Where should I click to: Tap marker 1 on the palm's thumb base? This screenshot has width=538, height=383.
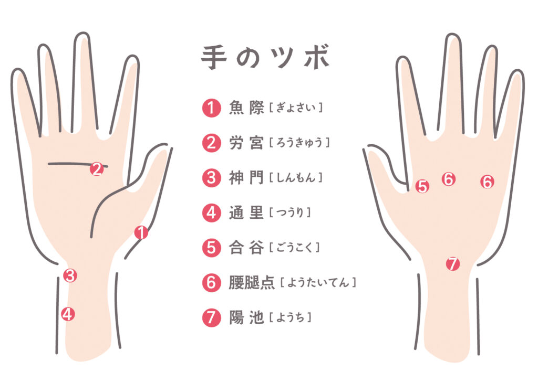[x=141, y=232]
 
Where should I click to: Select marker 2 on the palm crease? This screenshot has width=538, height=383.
[x=96, y=169]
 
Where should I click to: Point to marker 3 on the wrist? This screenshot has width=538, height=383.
[x=70, y=275]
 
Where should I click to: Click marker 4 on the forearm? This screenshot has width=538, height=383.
[x=67, y=314]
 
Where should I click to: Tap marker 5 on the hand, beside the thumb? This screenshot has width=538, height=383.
[x=422, y=186]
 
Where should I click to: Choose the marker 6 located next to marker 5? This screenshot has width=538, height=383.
[x=448, y=179]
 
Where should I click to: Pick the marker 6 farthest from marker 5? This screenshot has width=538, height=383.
[x=487, y=182]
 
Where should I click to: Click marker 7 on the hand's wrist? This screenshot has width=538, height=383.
[x=452, y=264]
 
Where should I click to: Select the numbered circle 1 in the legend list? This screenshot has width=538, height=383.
[x=211, y=108]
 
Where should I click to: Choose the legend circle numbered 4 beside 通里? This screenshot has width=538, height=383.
[x=211, y=212]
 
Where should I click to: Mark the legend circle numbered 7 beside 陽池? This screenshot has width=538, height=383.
[x=211, y=317]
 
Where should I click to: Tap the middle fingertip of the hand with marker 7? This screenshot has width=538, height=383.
[x=453, y=39]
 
